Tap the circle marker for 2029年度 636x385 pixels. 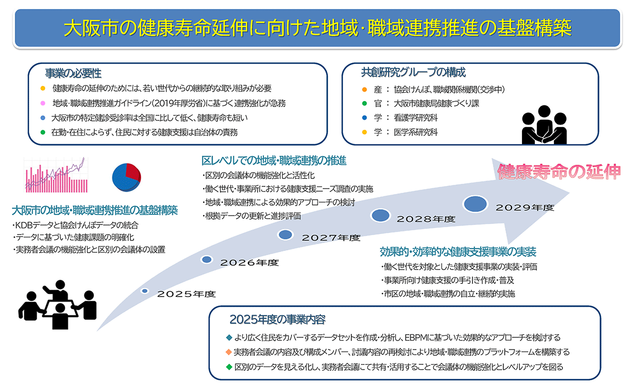point(476,203)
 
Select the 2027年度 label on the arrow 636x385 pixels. point(331,238)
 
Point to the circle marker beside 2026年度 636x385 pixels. point(207,259)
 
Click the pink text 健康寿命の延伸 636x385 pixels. point(559,172)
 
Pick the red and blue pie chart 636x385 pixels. point(126,176)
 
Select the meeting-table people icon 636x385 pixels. point(57,304)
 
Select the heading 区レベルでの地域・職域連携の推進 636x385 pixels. point(274,160)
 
